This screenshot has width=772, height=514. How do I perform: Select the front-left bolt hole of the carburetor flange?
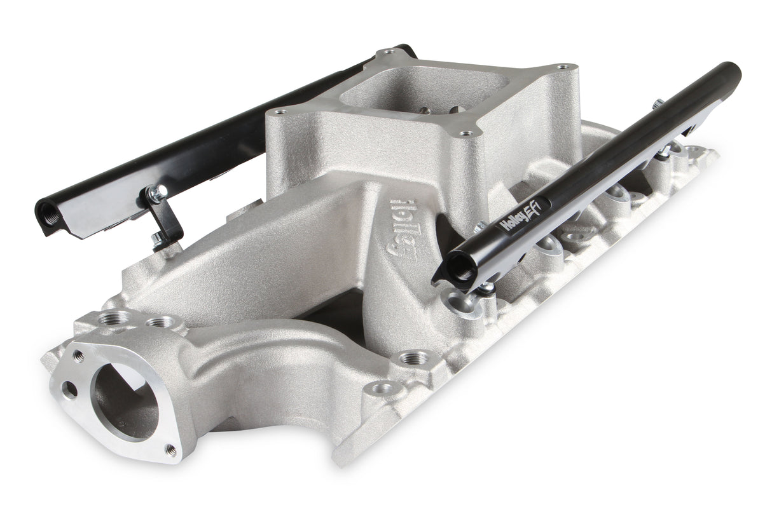[277, 112]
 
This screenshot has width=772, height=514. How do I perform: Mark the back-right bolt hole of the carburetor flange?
[563, 67]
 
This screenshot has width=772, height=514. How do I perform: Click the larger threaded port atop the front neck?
[116, 316]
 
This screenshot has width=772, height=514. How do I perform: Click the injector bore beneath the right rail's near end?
[460, 301]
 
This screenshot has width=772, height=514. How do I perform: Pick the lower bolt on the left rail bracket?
[156, 239]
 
